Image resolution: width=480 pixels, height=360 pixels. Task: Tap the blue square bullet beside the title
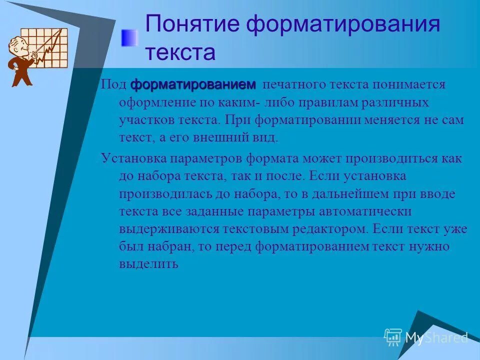129,37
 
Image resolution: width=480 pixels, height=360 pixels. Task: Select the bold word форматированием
193,84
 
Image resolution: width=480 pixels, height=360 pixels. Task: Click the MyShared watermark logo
425,337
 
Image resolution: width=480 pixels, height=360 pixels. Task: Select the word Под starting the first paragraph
113,84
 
